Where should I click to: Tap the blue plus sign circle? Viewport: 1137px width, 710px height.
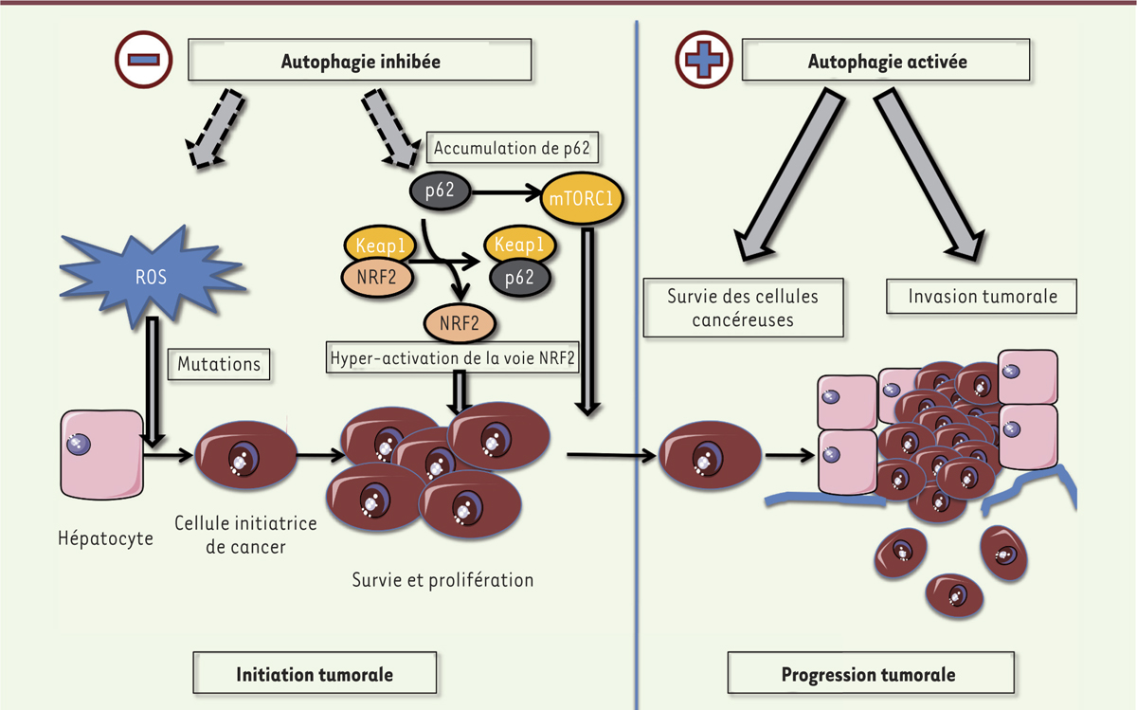coord(703,59)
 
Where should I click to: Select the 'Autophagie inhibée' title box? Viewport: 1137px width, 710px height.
coord(361,62)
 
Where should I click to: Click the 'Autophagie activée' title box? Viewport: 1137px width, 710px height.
coord(886,62)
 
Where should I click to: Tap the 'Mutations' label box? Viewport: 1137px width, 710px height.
coord(219,363)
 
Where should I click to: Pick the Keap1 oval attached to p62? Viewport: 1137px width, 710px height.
coord(519,246)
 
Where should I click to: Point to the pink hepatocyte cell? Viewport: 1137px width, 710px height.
coord(102,454)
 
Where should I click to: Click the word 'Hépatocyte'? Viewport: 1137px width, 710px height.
coord(104,538)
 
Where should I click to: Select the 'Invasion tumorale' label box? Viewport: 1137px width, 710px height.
coord(983,296)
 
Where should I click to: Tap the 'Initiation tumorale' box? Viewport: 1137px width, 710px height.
coord(315,674)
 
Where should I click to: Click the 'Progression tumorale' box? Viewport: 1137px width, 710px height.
coord(868,674)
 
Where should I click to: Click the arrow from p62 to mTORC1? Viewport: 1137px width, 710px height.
coord(507,191)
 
